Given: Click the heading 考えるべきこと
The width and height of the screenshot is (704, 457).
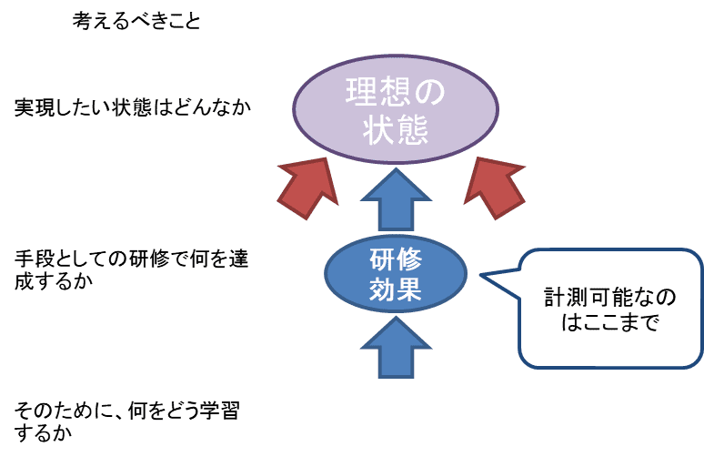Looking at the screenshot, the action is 136,21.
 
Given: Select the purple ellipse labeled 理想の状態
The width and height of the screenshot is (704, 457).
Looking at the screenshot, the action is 396,109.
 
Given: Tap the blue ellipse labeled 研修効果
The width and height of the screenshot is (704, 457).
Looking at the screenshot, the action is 396,274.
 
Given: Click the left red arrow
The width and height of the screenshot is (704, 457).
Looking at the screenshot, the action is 308,188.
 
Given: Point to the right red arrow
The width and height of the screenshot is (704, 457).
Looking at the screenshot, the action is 494,188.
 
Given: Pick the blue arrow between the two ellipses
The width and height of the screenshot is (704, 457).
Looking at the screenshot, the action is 396,199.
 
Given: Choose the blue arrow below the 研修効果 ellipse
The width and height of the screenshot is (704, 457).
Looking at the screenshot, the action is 396,347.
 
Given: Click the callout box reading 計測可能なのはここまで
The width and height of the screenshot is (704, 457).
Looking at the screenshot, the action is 609,309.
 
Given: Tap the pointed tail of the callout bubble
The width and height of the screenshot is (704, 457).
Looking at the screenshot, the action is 481,275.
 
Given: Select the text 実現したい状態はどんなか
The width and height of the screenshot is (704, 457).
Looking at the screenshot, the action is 133,107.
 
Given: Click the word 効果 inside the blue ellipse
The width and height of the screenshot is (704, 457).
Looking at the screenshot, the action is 396,289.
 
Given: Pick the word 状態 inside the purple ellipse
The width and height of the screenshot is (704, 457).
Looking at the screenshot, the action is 396,130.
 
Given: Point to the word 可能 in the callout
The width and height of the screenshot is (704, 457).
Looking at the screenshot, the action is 610,297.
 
